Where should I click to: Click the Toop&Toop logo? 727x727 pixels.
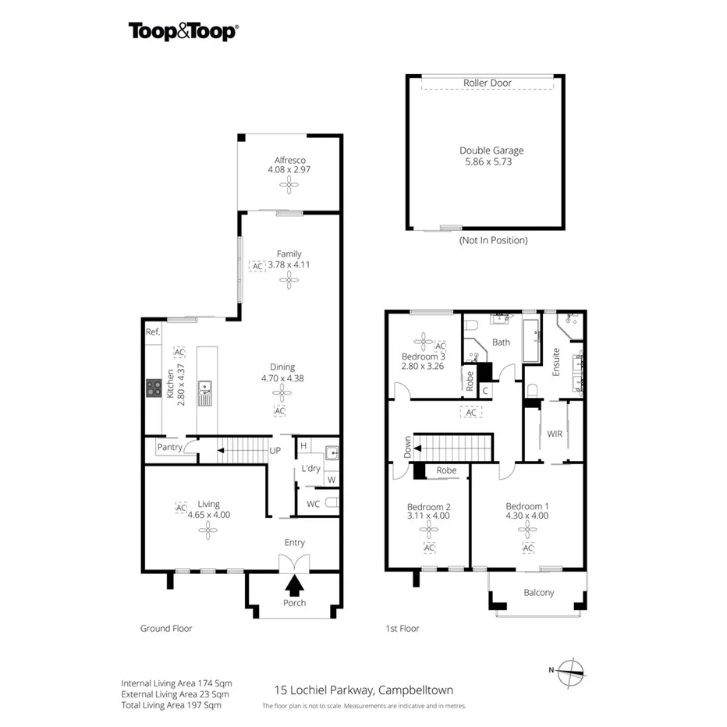[x=183, y=30]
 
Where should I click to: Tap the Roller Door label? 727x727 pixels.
[x=487, y=83]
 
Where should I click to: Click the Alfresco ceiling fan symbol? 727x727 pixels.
[x=289, y=185]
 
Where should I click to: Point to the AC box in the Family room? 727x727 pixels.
[x=257, y=265]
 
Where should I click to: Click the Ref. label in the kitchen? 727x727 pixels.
[x=152, y=332]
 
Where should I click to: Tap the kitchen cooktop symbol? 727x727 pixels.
[x=152, y=388]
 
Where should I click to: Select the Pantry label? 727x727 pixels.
[x=169, y=447]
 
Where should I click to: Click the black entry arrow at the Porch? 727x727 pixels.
[x=294, y=584]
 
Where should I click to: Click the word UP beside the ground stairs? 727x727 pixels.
[x=275, y=451]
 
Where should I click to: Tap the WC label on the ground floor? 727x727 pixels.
[x=312, y=504]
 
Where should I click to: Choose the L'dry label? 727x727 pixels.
[x=311, y=468]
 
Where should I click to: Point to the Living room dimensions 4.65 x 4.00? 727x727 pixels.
[x=207, y=515]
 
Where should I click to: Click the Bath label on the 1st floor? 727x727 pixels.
[x=501, y=342]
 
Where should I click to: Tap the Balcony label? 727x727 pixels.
[x=538, y=592]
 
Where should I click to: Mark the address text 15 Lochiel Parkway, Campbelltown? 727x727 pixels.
[x=363, y=690]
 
